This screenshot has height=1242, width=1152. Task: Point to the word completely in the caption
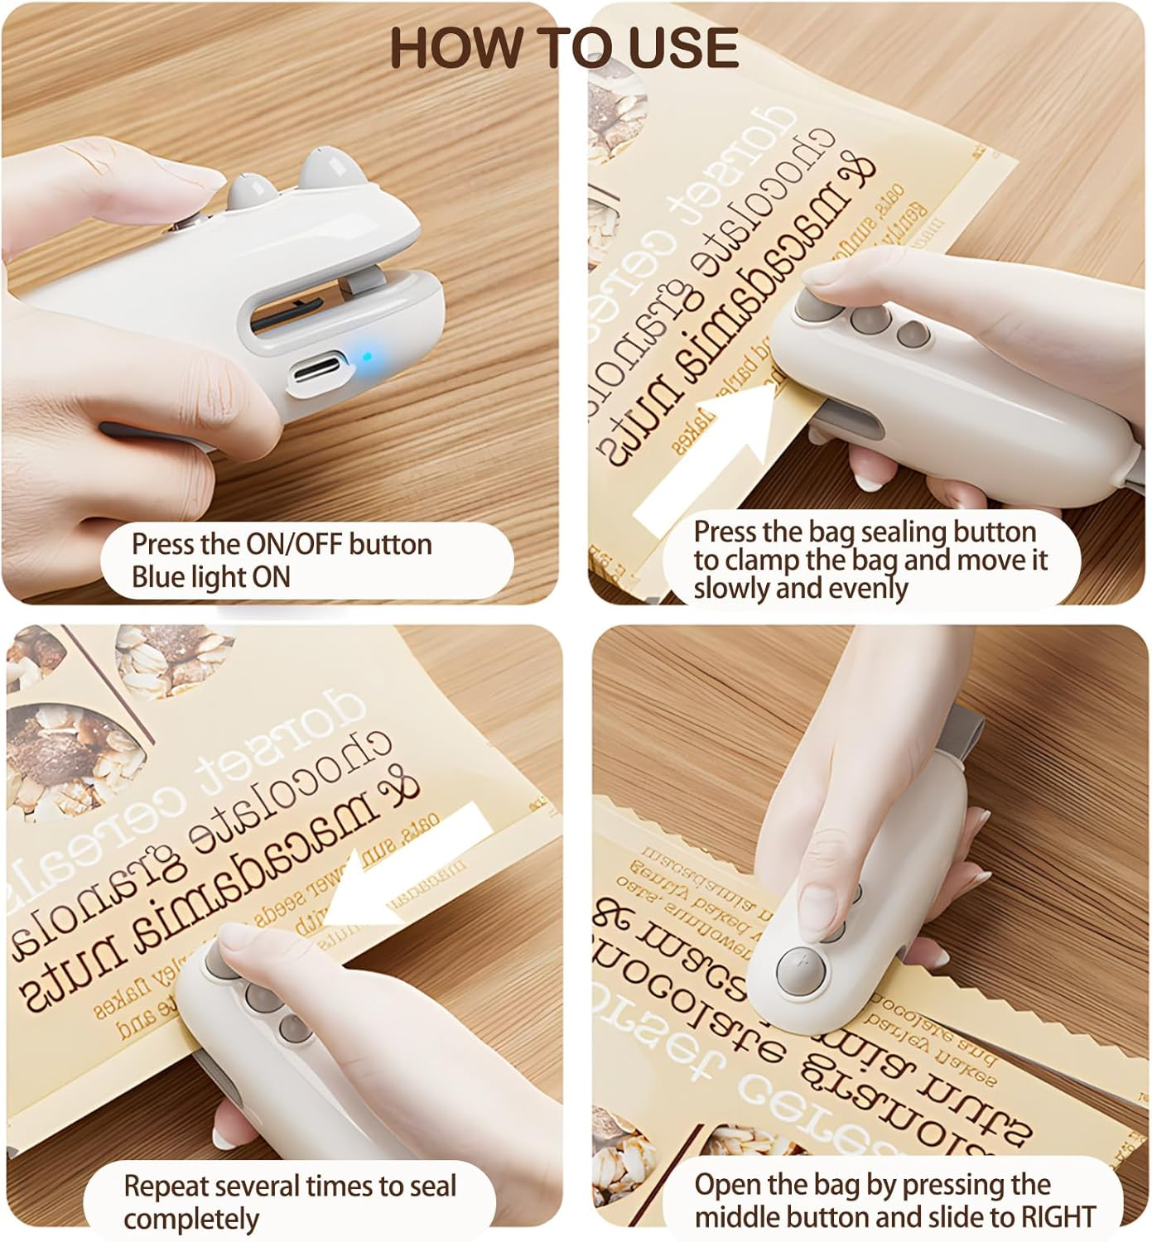click(191, 1219)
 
